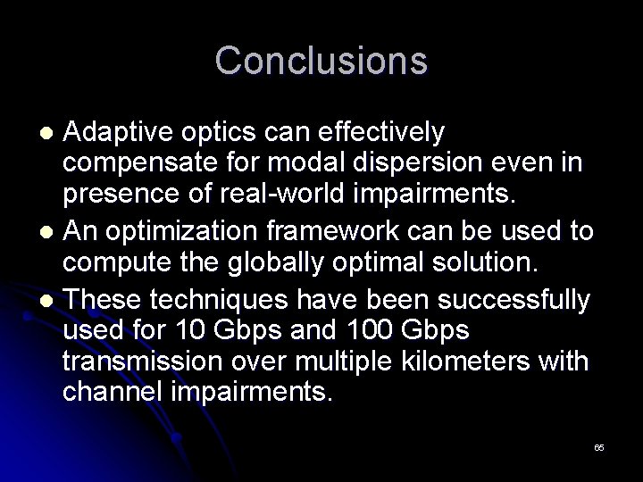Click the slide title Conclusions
pos(321,61)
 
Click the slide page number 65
pos(598,446)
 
